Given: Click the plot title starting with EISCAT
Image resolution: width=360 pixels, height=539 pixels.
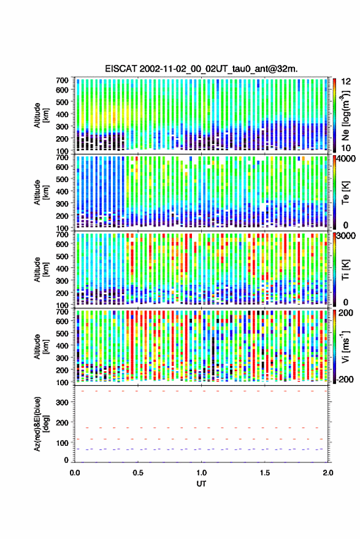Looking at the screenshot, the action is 202,69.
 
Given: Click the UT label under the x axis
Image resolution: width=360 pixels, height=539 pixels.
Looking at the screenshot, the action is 202,484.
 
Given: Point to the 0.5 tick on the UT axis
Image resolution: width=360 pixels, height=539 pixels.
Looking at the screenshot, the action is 138,473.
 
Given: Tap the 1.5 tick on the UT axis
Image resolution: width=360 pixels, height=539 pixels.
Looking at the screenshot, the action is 265,473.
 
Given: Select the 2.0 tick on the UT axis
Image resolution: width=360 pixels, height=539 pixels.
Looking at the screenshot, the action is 328,473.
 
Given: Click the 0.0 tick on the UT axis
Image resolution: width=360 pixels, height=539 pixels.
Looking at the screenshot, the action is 75,473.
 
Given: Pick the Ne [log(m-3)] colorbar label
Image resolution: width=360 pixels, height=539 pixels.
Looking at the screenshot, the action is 345,115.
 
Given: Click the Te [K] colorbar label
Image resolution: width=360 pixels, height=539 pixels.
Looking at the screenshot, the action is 345,193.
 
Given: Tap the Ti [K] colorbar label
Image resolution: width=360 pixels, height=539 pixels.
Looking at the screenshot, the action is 345,270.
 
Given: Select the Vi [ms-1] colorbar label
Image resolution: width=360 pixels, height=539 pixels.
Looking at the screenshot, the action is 345,346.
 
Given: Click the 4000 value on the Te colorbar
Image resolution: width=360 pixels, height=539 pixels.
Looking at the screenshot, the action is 346,158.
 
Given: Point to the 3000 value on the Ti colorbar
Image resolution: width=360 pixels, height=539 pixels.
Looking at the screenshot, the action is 346,236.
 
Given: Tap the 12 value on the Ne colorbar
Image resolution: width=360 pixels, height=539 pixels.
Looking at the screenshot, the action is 347,82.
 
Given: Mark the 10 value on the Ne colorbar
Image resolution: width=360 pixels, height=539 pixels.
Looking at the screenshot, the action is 347,148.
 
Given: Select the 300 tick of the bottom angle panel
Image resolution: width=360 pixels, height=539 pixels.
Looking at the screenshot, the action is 62,402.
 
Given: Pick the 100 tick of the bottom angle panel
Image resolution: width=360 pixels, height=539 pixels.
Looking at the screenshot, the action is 62,443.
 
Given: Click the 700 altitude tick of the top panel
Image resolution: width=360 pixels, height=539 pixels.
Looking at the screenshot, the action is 62,80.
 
